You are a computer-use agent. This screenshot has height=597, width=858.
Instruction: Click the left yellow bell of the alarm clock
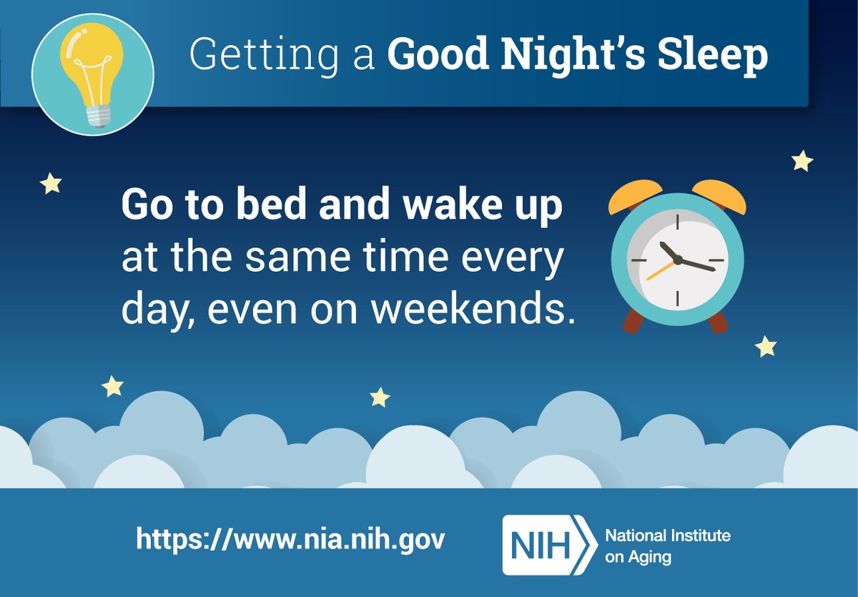(634, 197)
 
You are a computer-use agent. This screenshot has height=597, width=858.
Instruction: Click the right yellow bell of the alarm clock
(719, 197)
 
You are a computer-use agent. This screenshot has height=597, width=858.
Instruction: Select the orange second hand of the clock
(659, 270)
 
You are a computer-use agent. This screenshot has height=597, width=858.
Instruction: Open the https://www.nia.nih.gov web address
(290, 538)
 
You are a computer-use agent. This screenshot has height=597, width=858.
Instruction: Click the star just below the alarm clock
(766, 347)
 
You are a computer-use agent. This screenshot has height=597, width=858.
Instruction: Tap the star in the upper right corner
(802, 161)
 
